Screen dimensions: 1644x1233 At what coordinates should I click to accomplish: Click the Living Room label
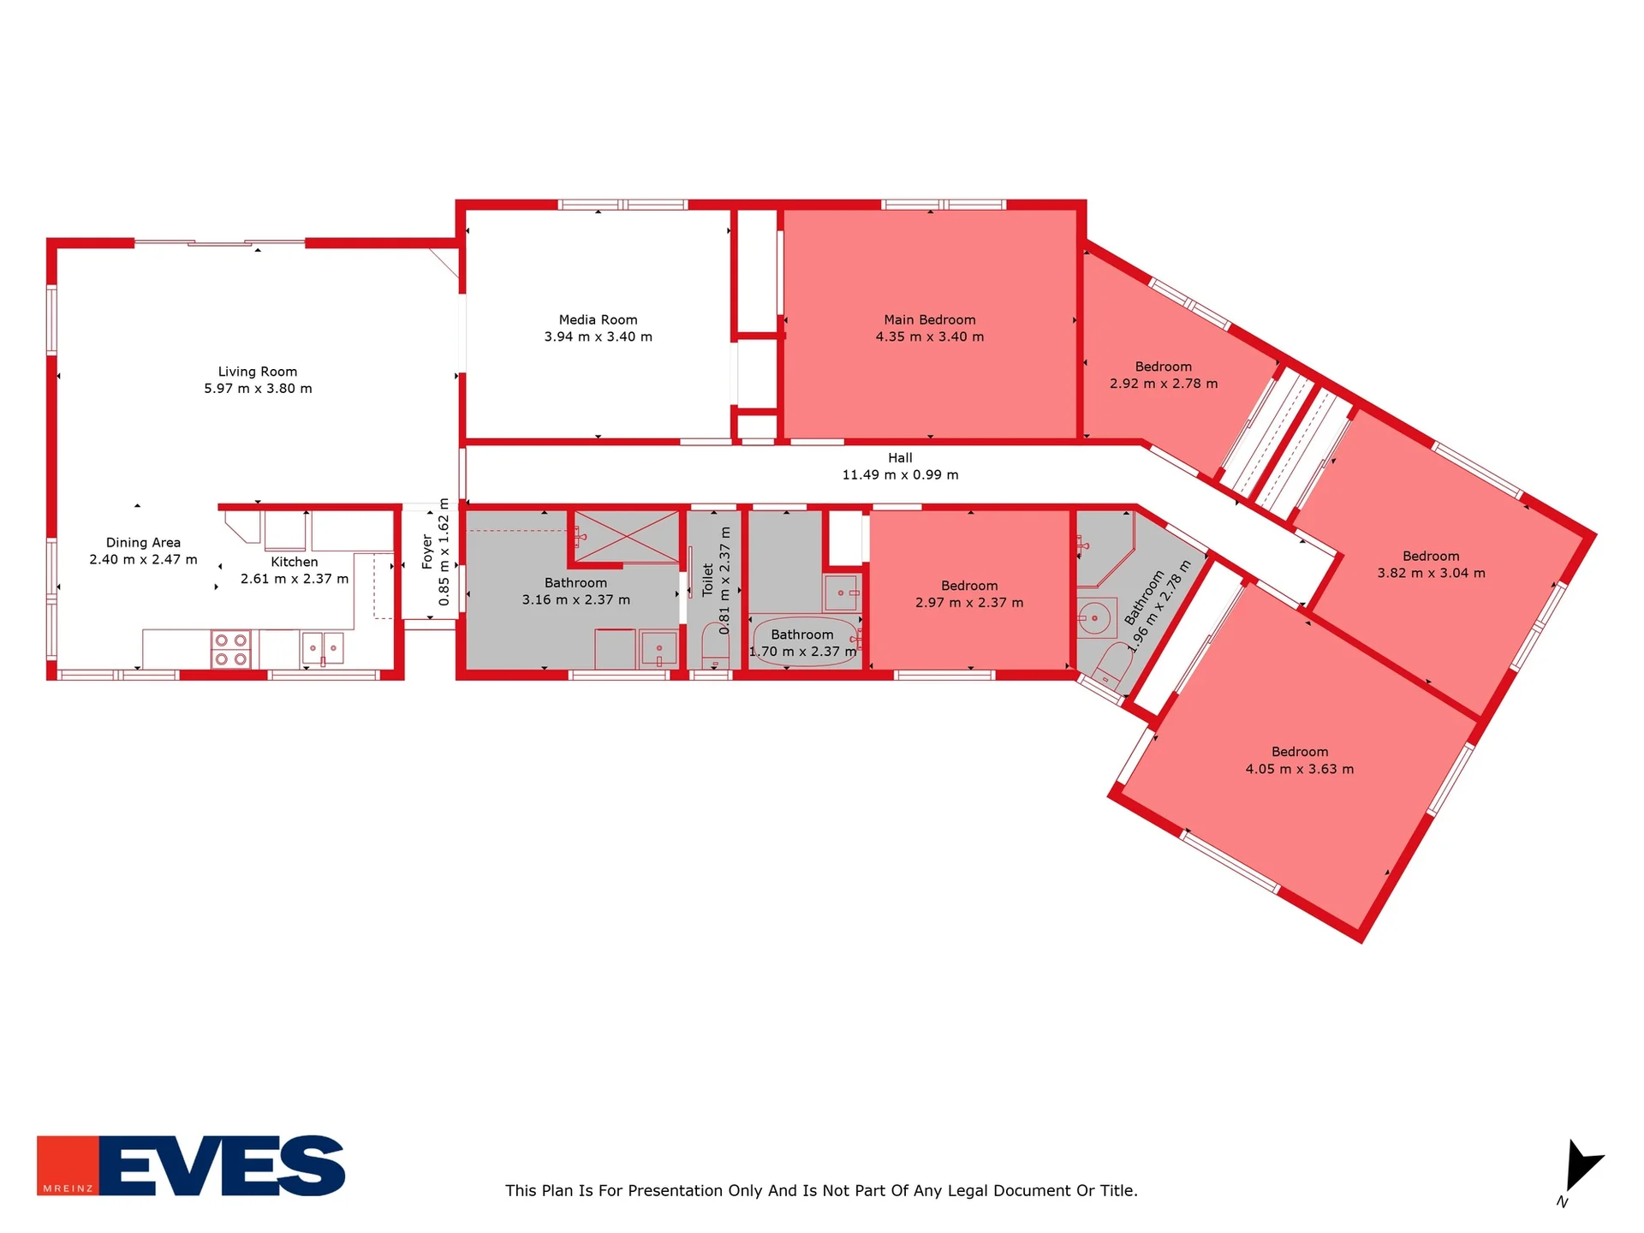coord(258,372)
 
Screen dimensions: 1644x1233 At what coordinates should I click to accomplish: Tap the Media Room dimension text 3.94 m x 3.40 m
coord(599,337)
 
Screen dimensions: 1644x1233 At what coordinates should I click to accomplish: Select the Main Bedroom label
coord(930,320)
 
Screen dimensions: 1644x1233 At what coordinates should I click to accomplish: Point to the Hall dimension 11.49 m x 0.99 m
coord(901,475)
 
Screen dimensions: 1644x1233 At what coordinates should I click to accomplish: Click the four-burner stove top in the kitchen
coord(231,649)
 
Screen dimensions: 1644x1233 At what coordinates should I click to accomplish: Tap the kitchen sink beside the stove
coord(323,648)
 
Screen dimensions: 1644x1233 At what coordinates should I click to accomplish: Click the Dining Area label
coord(144,543)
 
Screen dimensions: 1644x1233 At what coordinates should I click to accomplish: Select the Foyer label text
coord(427,552)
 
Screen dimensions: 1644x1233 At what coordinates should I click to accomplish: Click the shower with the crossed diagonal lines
coord(627,537)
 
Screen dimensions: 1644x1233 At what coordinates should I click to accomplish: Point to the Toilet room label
coord(708,580)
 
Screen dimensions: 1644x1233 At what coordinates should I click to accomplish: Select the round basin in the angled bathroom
coord(1094,617)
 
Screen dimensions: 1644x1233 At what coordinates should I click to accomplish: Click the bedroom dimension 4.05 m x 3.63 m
coord(1300,770)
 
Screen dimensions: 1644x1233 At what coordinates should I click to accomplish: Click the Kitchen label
coord(295,563)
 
